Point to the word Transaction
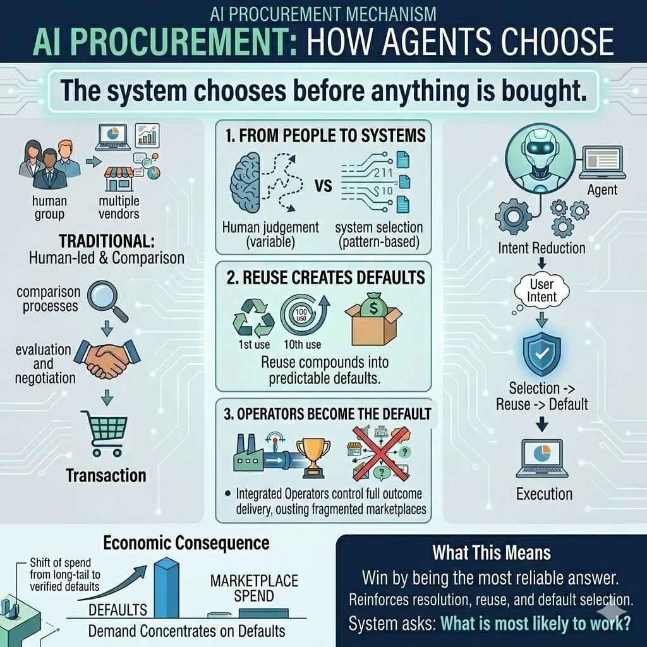[106, 475]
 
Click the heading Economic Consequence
[186, 543]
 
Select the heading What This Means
[491, 553]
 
